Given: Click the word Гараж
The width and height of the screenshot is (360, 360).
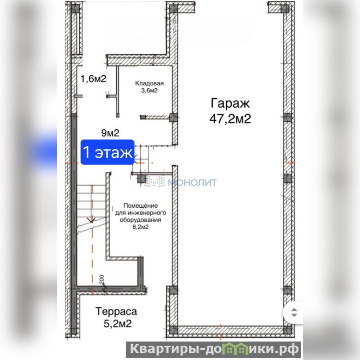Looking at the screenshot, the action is [x=230, y=103].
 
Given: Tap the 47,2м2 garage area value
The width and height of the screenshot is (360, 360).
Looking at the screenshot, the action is [x=230, y=118].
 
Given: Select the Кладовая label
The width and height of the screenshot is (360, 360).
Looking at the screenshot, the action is [x=149, y=83].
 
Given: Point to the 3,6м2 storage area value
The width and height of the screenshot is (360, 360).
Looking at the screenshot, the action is [x=149, y=90].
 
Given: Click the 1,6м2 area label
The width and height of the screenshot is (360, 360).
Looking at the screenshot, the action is [x=93, y=78].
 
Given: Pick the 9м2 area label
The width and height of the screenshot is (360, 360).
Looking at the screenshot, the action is [x=110, y=133].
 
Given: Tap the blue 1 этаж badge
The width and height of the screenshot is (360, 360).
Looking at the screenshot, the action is [x=107, y=152].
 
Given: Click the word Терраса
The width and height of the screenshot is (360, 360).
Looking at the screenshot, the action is [x=116, y=311].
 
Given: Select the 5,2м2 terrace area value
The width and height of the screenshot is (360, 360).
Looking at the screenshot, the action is [x=118, y=324].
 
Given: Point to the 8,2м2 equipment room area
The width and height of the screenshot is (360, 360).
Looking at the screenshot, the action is [x=141, y=227].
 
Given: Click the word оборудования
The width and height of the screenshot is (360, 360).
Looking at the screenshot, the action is [x=141, y=220].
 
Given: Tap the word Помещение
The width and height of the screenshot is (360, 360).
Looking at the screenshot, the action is [x=141, y=205].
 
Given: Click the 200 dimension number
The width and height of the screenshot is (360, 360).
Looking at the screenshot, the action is [x=102, y=279].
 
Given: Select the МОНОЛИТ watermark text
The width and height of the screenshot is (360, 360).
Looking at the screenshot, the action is [x=192, y=182].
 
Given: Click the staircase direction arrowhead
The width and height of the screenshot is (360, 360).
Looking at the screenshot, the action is [x=91, y=220].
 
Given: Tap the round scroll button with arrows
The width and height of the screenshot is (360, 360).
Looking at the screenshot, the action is [x=293, y=313].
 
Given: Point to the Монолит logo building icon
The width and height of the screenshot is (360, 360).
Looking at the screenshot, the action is [x=155, y=181].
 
